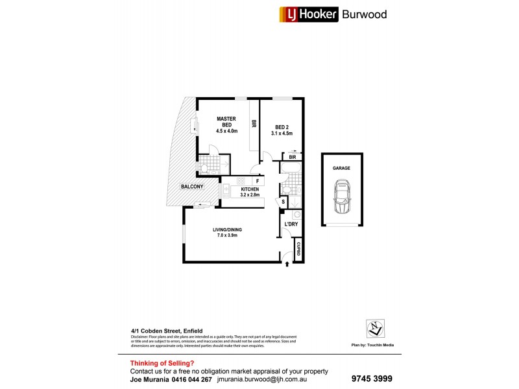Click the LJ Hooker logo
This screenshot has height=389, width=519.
(x=309, y=14)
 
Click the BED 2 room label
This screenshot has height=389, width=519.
(x=282, y=127)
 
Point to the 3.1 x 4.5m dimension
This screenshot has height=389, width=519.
(x=282, y=134)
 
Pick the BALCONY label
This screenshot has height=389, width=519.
(x=193, y=187)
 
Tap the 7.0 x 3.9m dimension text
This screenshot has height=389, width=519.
(x=226, y=236)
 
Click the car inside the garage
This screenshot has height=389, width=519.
(x=341, y=198)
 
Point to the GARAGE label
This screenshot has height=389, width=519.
(x=341, y=168)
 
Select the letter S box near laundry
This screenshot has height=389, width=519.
(x=284, y=202)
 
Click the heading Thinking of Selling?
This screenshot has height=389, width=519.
(x=162, y=363)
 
